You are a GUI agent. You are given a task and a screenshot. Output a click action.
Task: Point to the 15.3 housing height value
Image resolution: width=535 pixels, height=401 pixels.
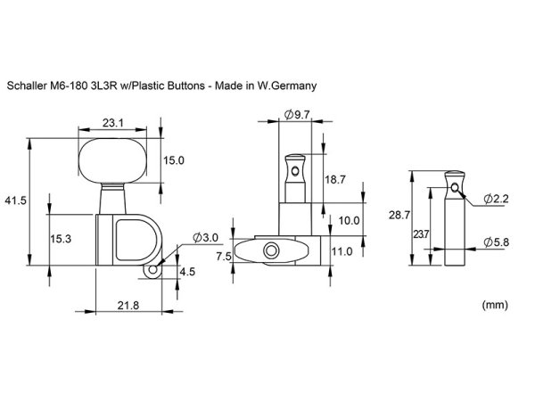pos(60,238)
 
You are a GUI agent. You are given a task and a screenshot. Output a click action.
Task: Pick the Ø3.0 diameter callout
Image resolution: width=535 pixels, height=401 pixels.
pos(203,237)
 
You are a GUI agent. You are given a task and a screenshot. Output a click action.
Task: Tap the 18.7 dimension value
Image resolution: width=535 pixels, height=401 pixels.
pos(335,179)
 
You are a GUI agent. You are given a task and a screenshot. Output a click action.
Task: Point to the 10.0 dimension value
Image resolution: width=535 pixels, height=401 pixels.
pos(349,219)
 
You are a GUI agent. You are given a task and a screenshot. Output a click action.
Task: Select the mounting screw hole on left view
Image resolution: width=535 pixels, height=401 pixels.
pos(154,267)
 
